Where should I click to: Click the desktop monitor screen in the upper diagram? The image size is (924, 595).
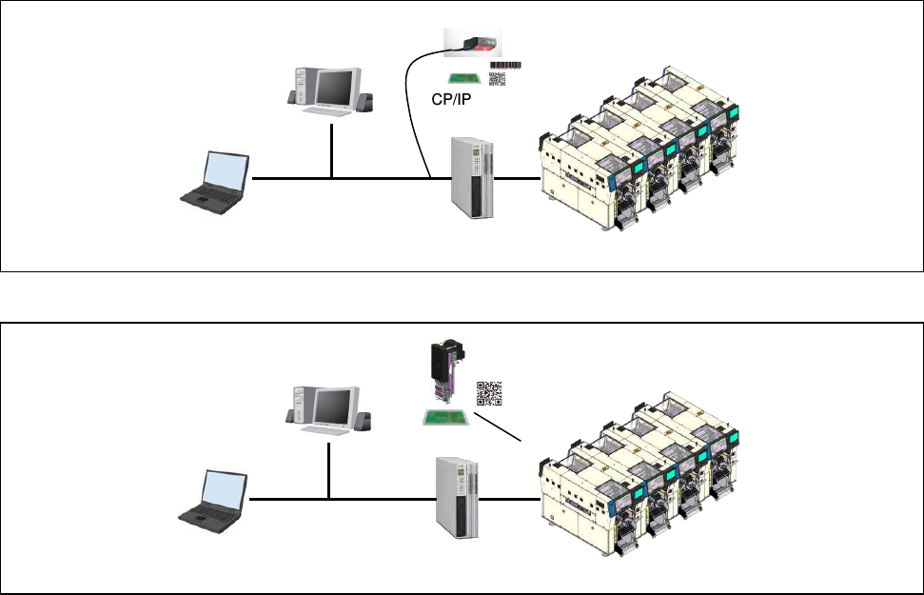pyautogui.click(x=335, y=88)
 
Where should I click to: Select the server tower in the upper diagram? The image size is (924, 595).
pyautogui.click(x=472, y=177)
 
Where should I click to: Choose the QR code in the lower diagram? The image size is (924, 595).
pyautogui.click(x=489, y=393)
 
